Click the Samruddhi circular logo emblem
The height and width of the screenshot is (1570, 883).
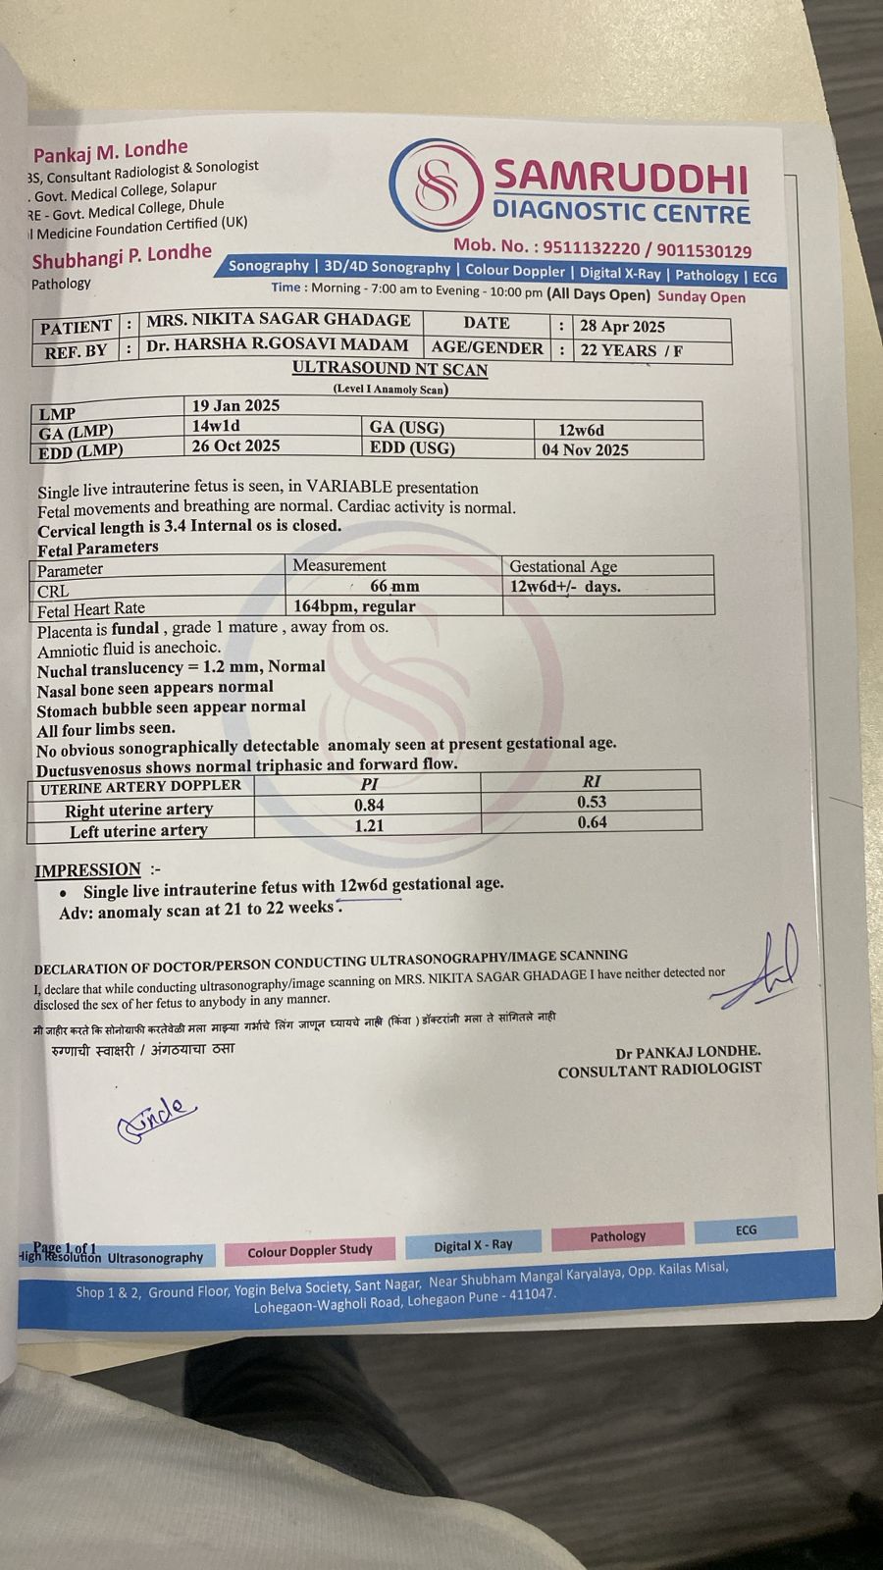click(437, 183)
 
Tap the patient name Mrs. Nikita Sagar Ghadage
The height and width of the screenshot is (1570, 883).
click(278, 320)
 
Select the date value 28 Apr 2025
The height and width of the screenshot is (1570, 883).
click(622, 327)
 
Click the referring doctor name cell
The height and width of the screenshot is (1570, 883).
click(277, 345)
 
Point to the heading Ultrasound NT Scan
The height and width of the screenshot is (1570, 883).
click(390, 370)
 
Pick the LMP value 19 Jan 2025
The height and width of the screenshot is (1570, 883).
click(235, 405)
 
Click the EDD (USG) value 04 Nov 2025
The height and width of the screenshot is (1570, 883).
click(585, 450)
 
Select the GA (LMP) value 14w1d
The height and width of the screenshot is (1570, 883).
click(216, 426)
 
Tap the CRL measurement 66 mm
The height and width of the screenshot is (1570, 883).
click(394, 586)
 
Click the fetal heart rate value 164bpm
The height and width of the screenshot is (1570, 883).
click(354, 606)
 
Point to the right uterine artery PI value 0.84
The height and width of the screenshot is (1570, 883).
click(369, 805)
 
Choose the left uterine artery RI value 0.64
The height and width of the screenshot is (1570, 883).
click(592, 822)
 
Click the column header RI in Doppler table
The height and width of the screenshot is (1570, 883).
click(592, 782)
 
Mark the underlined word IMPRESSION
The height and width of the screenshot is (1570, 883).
click(88, 870)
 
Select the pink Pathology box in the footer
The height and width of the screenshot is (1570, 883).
click(617, 1236)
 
